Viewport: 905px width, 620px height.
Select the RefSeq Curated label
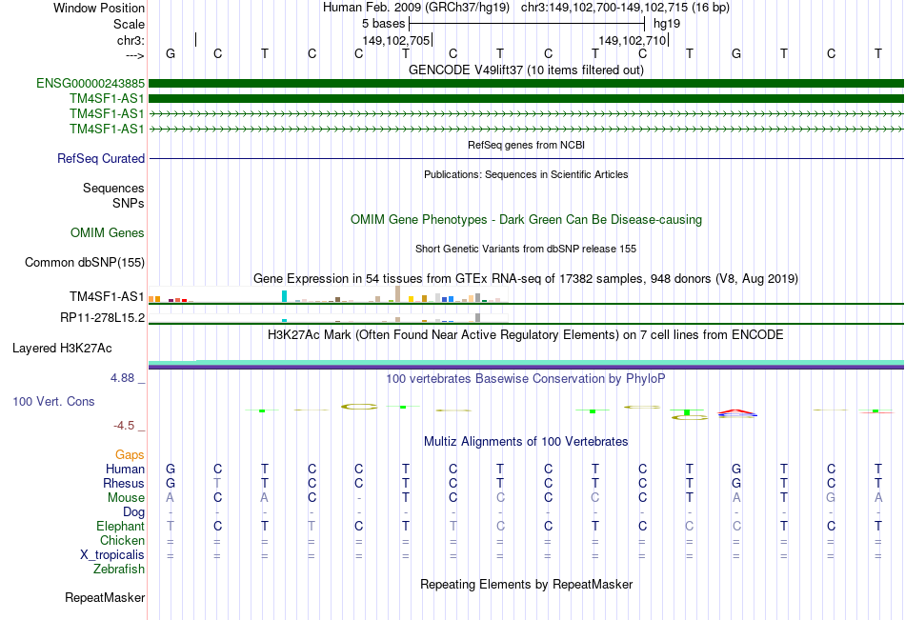click(x=101, y=159)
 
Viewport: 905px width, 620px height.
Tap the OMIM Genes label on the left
click(x=108, y=233)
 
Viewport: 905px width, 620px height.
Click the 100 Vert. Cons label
click(x=53, y=402)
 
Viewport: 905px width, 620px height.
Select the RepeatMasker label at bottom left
click(x=105, y=598)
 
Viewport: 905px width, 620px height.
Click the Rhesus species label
click(x=124, y=483)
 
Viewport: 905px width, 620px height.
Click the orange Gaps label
click(x=130, y=455)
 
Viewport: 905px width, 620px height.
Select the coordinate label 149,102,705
click(x=396, y=41)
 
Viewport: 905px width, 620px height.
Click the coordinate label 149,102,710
click(x=632, y=41)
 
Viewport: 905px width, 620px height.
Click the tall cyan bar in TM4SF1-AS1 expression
click(x=284, y=297)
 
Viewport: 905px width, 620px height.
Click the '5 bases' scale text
click(x=382, y=24)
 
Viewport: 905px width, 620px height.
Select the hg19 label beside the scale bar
click(x=664, y=24)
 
